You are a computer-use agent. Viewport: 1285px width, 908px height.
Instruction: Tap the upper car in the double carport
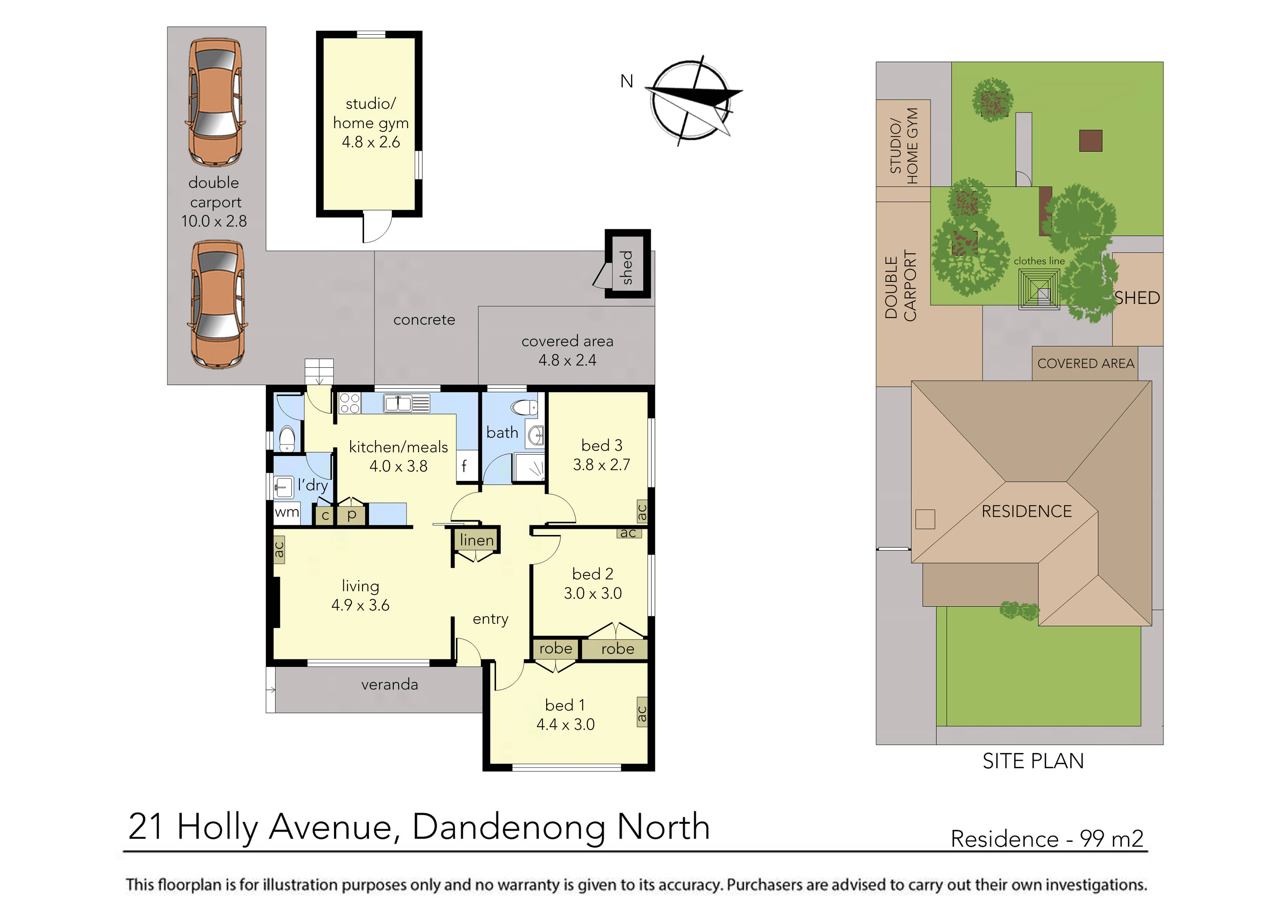[x=215, y=103]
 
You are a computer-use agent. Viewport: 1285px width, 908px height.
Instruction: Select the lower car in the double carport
[x=218, y=304]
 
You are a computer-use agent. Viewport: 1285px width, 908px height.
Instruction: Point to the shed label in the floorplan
[x=626, y=267]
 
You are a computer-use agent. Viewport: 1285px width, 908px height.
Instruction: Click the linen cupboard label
[x=476, y=540]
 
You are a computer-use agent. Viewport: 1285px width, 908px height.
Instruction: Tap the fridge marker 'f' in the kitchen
[x=464, y=465]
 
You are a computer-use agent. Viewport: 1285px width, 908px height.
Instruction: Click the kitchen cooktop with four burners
[x=350, y=403]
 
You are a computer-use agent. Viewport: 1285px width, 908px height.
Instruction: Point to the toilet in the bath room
[x=525, y=407]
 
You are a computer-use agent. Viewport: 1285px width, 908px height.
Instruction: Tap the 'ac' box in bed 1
[x=642, y=712]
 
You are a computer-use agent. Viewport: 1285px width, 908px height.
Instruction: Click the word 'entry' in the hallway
[x=490, y=619]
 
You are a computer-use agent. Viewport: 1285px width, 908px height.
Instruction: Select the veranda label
[x=389, y=684]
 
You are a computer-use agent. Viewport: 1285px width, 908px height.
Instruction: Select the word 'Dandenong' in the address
[x=509, y=826]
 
